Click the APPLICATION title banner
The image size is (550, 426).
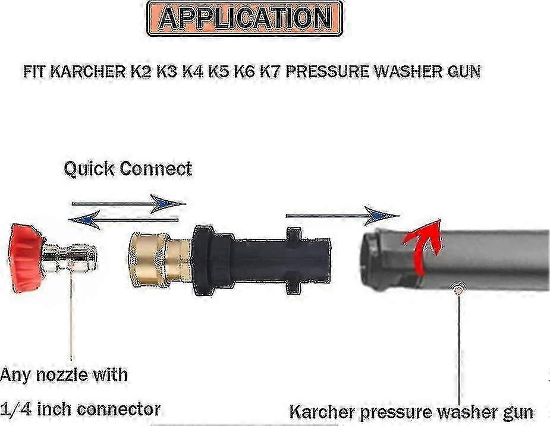tap(244, 18)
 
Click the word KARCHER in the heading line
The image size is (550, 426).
tap(88, 71)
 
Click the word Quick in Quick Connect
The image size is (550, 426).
tap(89, 169)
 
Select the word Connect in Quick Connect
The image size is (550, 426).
tap(156, 169)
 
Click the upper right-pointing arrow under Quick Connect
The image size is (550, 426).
tap(129, 203)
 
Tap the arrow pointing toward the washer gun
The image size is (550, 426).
tap(342, 215)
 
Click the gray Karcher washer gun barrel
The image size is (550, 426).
tap(455, 260)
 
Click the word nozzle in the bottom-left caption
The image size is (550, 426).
tap(62, 374)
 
